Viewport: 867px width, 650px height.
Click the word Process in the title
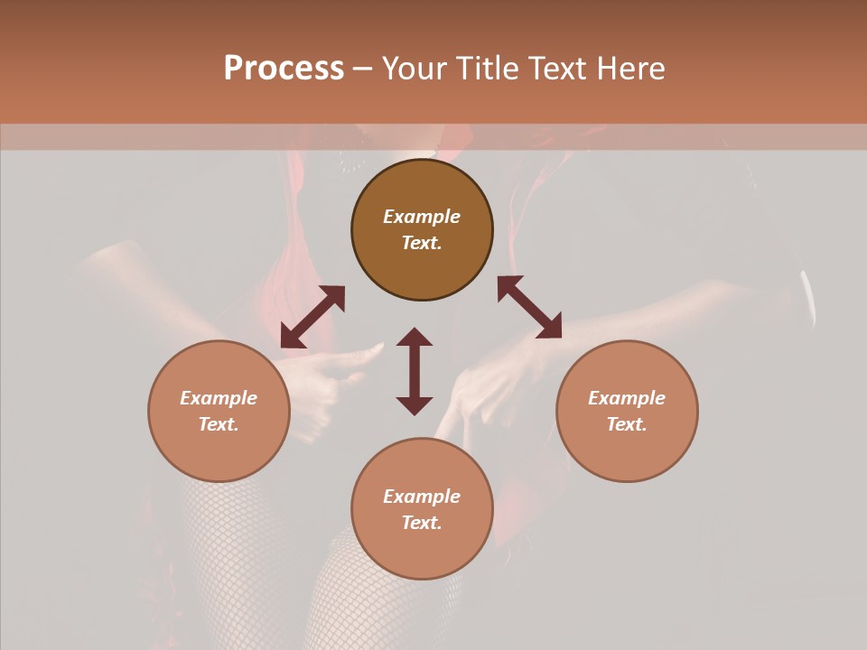click(x=284, y=69)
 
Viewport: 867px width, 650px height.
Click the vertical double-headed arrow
click(x=415, y=371)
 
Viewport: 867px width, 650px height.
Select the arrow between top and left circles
click(x=312, y=317)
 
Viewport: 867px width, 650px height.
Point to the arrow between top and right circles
click(x=529, y=307)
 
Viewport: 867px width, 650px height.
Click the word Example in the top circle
click(x=422, y=217)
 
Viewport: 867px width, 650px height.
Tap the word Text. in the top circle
click(x=422, y=243)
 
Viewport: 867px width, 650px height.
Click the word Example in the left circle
click(x=219, y=398)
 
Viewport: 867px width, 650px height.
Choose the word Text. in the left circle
click(x=219, y=424)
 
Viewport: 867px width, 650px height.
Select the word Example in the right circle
click(x=627, y=398)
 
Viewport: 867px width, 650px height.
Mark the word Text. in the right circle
click(x=627, y=424)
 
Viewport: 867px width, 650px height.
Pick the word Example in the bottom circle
click(x=422, y=497)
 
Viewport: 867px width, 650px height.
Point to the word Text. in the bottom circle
click(x=422, y=523)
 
